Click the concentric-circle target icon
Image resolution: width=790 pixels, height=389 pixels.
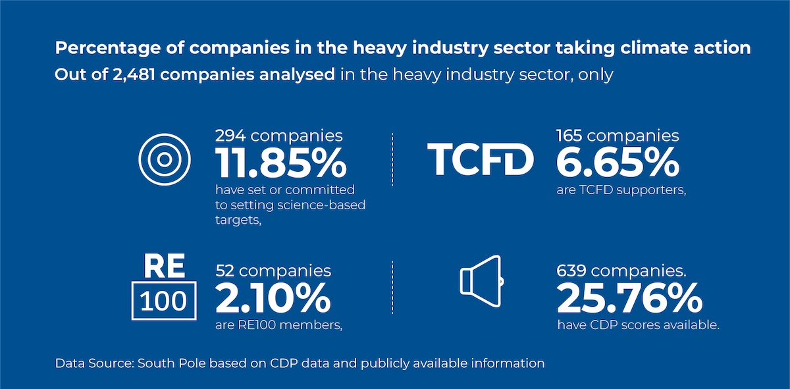tap(165, 160)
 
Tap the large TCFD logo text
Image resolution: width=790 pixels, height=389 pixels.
tap(481, 160)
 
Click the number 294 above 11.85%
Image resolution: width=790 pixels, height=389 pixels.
tap(230, 136)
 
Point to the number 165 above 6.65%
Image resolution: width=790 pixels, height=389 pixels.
tap(569, 136)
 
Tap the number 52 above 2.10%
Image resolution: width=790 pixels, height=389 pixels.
tap(226, 271)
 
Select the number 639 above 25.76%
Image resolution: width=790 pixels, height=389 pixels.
tap(572, 271)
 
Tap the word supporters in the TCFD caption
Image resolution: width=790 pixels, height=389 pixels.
tap(643, 191)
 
